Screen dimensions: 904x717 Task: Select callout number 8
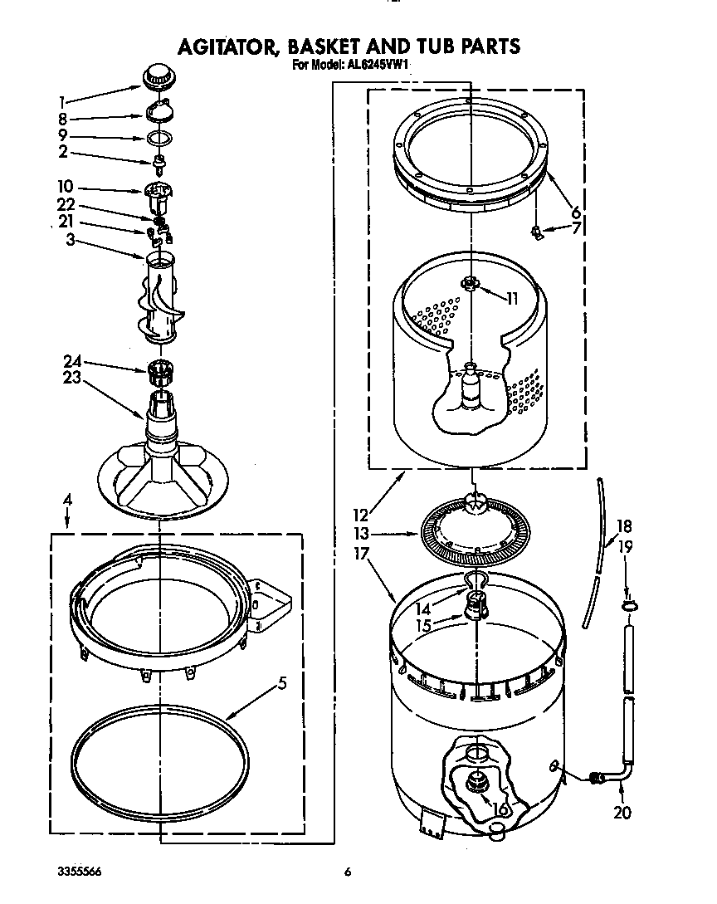tap(62, 119)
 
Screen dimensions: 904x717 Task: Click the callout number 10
tap(66, 188)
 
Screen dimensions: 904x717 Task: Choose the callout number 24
tap(73, 361)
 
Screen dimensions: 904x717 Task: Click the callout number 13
tap(361, 535)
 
